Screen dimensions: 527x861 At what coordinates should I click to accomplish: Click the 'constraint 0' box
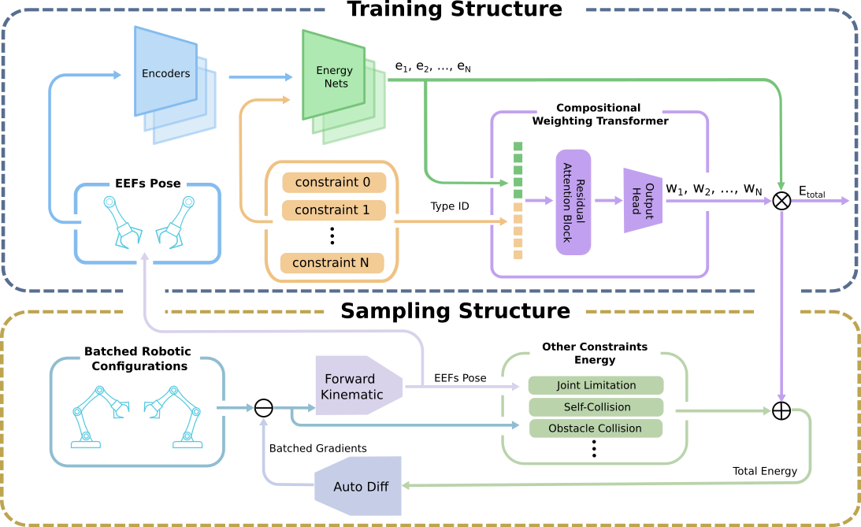click(333, 183)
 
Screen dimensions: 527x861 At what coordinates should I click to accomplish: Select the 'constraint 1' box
click(333, 210)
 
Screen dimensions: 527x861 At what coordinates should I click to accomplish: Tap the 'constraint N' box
click(332, 263)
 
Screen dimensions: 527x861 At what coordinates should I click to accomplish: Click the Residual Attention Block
click(573, 202)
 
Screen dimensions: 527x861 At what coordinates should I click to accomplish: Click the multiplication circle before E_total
click(781, 201)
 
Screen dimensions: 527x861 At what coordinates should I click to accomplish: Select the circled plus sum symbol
click(781, 411)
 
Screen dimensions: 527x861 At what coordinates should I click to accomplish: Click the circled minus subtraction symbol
click(264, 407)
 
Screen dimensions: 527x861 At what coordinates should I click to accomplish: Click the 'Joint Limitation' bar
click(596, 385)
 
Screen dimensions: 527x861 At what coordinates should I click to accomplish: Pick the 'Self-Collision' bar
click(596, 407)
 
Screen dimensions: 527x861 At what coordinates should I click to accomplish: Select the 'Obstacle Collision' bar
click(596, 429)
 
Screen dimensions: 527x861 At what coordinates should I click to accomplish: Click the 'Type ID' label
click(450, 206)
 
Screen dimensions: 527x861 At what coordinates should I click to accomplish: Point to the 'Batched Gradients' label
click(318, 448)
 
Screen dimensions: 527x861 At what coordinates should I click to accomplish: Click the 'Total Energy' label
click(765, 471)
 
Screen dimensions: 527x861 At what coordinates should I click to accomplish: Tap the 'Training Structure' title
click(455, 10)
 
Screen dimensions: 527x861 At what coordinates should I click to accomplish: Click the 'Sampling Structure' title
click(455, 310)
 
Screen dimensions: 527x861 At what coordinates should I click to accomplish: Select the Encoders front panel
click(165, 74)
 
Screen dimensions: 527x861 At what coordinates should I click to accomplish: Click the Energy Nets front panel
click(334, 76)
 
